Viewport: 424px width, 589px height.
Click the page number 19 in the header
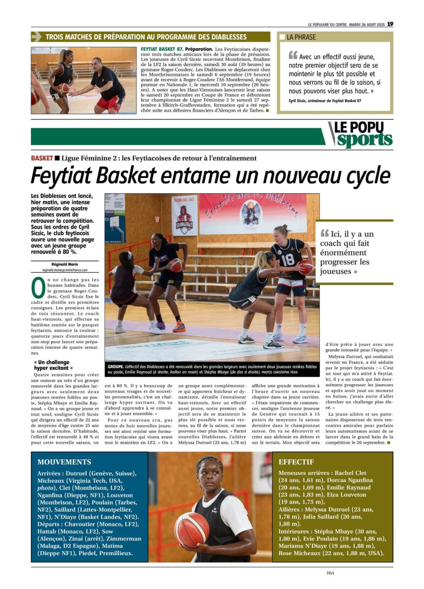click(x=390, y=24)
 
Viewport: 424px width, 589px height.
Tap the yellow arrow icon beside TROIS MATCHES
click(x=36, y=37)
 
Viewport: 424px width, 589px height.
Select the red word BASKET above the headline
click(x=41, y=158)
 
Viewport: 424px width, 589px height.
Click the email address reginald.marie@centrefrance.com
click(x=65, y=270)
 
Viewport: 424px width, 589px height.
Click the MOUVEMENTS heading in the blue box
click(x=64, y=462)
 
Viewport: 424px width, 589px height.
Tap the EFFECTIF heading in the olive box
click(x=296, y=462)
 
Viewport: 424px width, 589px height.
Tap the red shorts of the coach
click(x=109, y=103)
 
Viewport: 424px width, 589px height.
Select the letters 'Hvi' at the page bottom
click(x=330, y=572)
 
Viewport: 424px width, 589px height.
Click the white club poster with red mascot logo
click(x=185, y=216)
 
